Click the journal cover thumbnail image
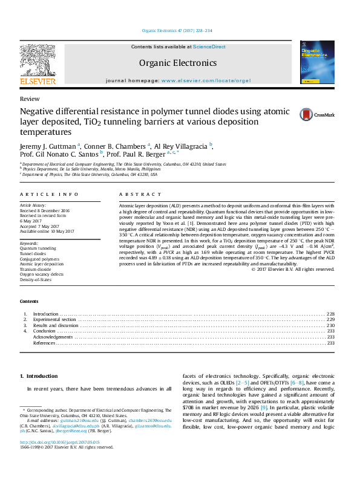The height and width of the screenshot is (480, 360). pos(316,63)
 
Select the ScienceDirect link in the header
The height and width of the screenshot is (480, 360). pos(209,47)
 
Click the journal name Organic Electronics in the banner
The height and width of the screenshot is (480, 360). pos(177,63)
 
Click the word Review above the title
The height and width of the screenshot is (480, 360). pos(30,99)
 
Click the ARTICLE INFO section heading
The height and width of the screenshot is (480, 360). pos(49,194)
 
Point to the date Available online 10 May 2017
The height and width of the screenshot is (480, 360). pos(47,232)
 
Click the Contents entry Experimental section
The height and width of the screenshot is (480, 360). pos(54,319)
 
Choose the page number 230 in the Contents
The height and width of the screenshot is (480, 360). pos(330,325)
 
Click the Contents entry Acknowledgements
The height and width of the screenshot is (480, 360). pos(53,337)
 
